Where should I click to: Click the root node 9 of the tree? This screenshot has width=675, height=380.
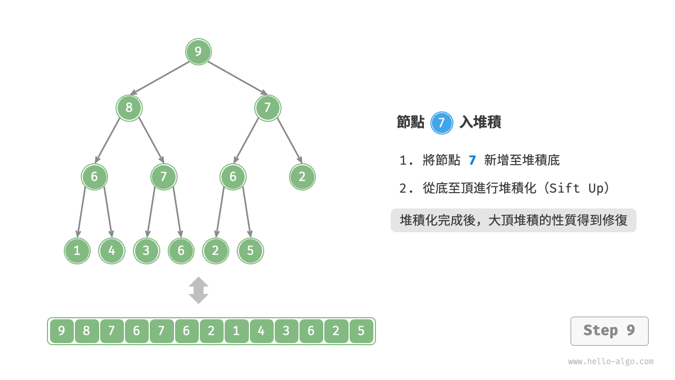click(x=198, y=52)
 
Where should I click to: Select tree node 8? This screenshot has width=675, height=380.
click(x=129, y=108)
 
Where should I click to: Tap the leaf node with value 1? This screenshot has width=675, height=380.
click(x=78, y=251)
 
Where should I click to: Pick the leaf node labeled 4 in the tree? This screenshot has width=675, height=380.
click(x=112, y=251)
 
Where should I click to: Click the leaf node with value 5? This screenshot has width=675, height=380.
click(x=250, y=251)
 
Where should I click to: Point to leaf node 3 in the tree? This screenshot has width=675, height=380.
click(x=147, y=251)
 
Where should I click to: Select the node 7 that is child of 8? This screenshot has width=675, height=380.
click(x=163, y=177)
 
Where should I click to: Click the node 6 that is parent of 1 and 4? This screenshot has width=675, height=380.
click(x=94, y=177)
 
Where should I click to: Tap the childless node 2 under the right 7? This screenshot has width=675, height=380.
click(x=302, y=177)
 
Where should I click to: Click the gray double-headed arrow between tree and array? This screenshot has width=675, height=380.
click(x=199, y=290)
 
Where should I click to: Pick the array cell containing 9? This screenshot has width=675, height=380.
click(x=62, y=331)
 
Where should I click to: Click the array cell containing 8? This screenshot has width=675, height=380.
click(x=86, y=331)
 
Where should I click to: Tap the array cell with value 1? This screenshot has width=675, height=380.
click(x=236, y=331)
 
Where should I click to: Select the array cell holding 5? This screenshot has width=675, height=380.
click(x=361, y=331)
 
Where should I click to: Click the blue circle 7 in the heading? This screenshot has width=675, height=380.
click(x=442, y=123)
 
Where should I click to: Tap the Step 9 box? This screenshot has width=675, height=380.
click(x=609, y=331)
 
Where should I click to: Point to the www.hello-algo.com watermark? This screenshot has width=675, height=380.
click(x=611, y=362)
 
